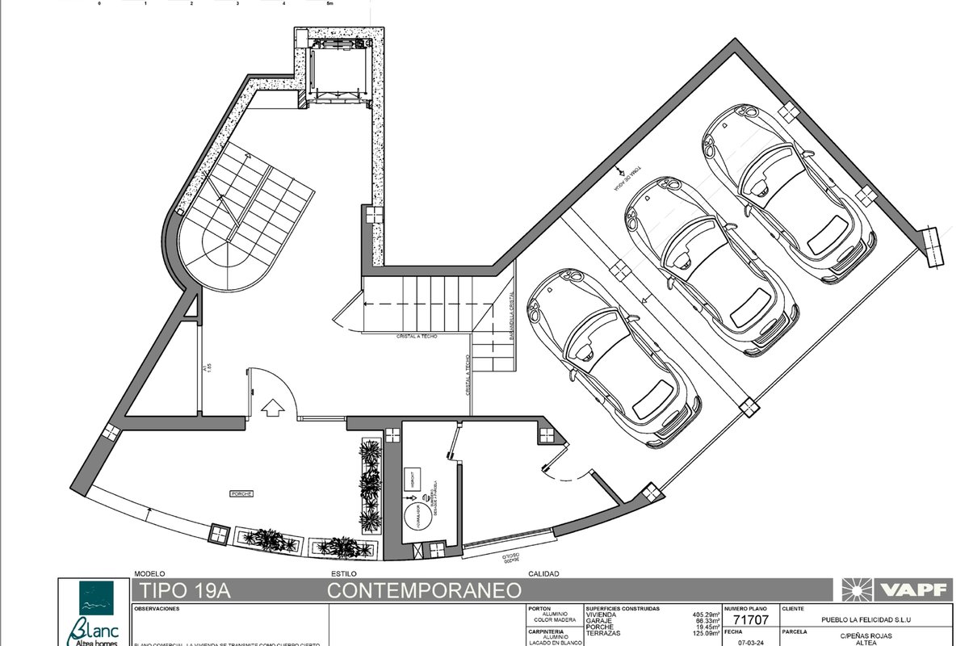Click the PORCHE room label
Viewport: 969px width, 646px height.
coord(242,493)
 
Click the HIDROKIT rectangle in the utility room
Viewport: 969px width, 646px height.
coord(413,476)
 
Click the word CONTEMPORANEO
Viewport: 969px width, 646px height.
coord(424,591)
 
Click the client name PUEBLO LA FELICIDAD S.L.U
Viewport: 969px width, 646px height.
coord(869,620)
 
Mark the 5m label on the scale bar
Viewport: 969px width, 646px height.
coord(329,4)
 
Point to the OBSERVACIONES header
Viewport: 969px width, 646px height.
coord(157,608)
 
